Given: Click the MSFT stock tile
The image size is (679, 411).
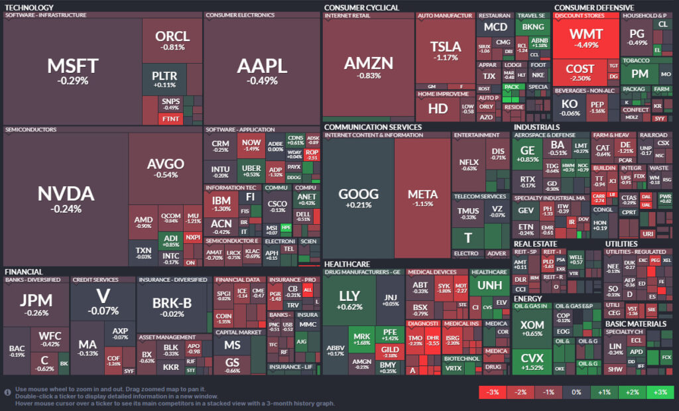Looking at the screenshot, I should click(x=73, y=70).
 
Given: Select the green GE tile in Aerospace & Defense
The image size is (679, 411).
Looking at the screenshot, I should click(x=528, y=154).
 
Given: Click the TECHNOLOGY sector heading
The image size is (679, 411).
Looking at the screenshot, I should click(x=29, y=7).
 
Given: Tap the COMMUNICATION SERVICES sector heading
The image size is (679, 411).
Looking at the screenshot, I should click(x=373, y=127).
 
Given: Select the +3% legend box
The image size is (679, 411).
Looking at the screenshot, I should click(x=660, y=392).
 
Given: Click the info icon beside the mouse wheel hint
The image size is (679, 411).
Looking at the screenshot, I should click(x=7, y=392).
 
